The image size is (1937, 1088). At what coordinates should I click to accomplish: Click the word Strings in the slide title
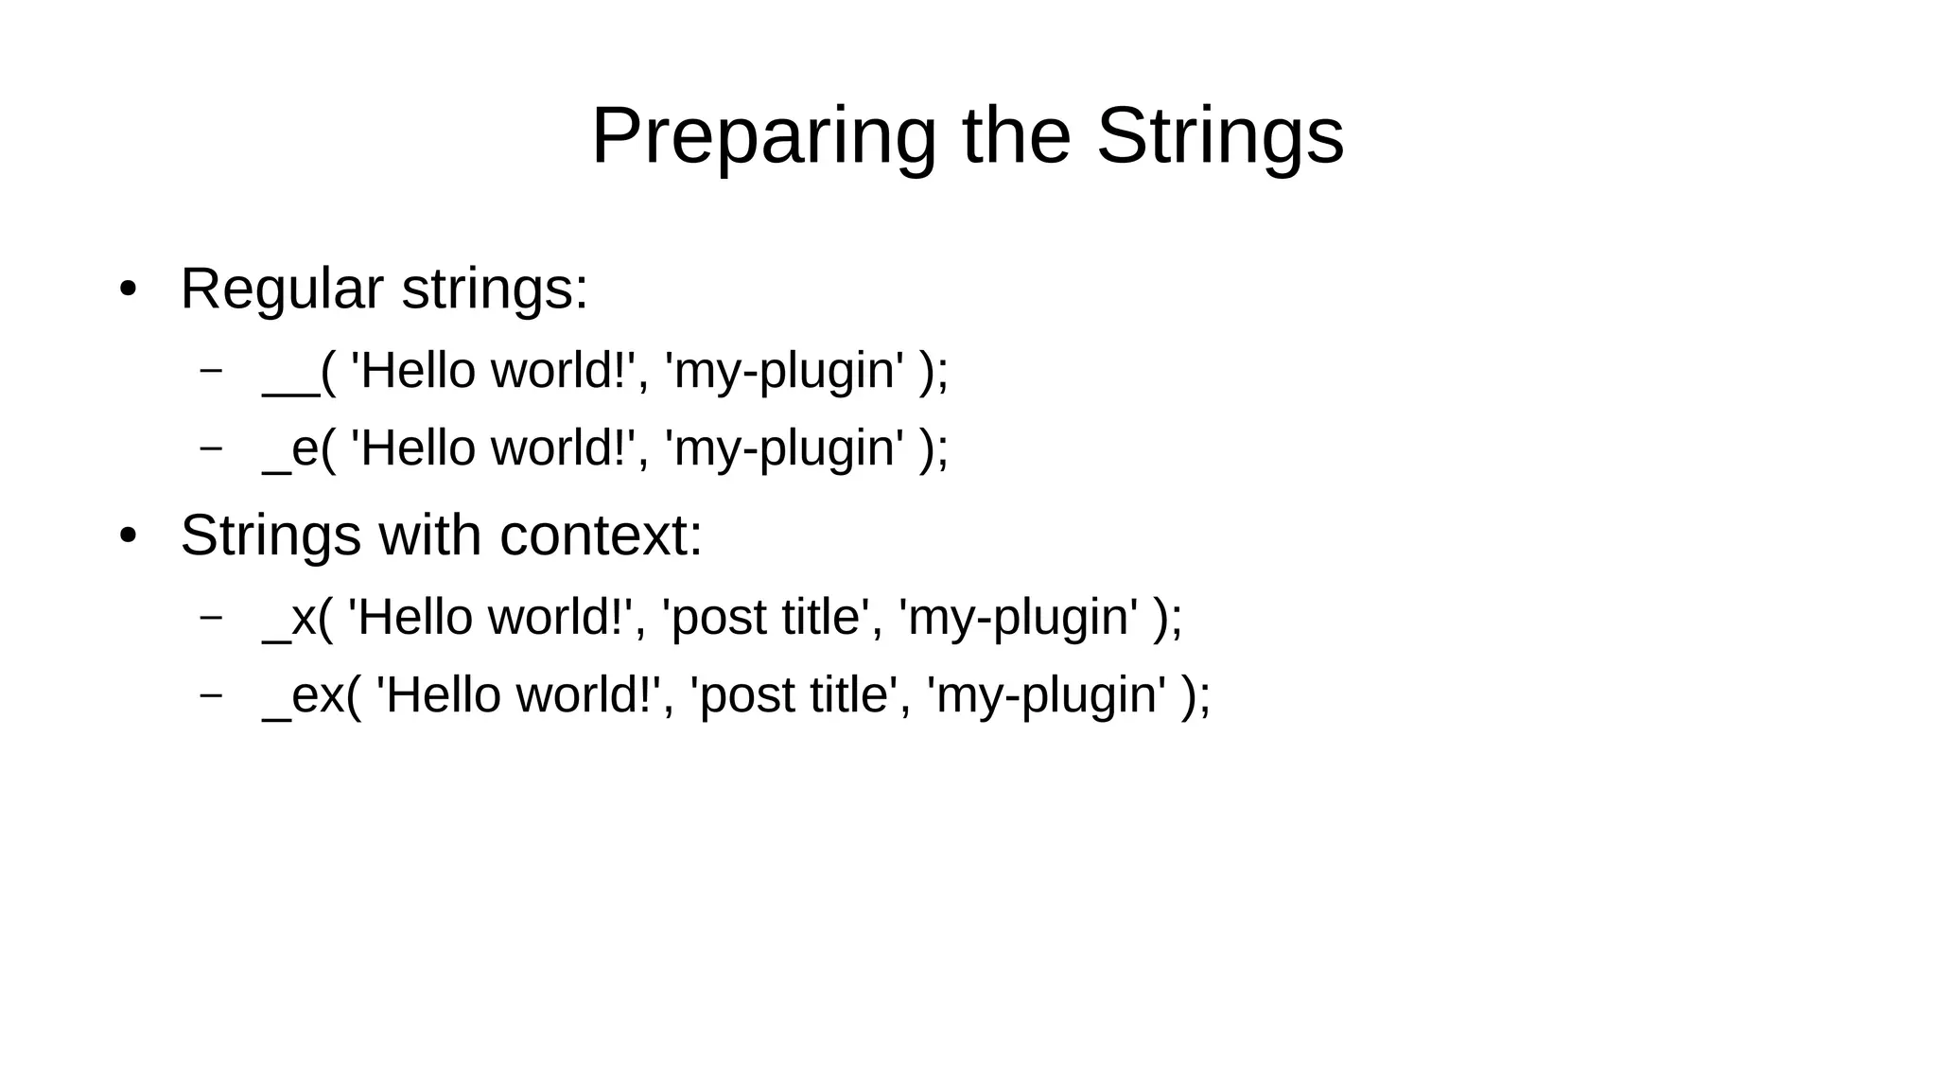click(1220, 138)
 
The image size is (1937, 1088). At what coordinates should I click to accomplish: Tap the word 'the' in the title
click(1017, 138)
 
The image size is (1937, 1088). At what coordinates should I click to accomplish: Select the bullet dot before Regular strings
click(128, 289)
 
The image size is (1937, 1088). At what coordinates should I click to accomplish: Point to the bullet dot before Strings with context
click(128, 536)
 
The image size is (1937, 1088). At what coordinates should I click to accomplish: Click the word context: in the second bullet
click(601, 536)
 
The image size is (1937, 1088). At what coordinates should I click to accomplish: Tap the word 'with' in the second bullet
click(430, 536)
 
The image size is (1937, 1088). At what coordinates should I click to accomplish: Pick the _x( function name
click(298, 618)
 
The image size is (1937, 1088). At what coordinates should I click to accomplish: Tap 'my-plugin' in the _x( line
click(1019, 618)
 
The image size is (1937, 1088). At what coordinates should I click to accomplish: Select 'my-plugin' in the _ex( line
click(1047, 695)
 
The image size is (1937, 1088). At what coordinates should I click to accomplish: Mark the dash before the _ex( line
click(211, 693)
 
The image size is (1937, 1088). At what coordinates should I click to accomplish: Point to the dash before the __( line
click(211, 369)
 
